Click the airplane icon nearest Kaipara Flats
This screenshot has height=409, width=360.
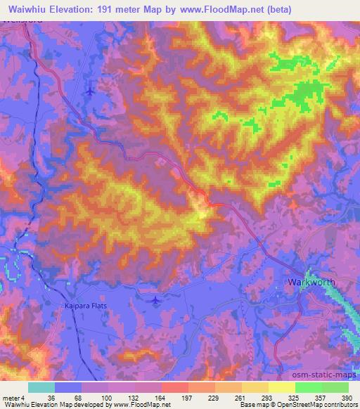click(155, 301)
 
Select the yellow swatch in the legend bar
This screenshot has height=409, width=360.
click(281, 387)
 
